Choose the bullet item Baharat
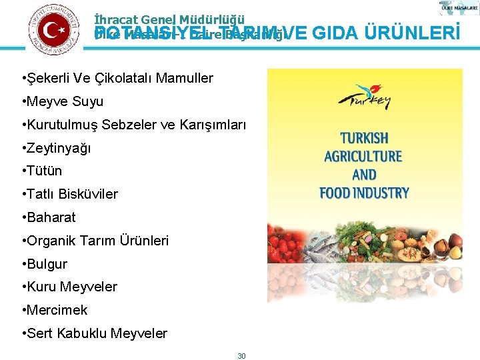point(51,217)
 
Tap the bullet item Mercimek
point(57,310)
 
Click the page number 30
point(241,356)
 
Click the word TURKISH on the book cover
point(364,139)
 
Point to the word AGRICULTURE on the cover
point(364,157)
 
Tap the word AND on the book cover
point(364,175)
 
